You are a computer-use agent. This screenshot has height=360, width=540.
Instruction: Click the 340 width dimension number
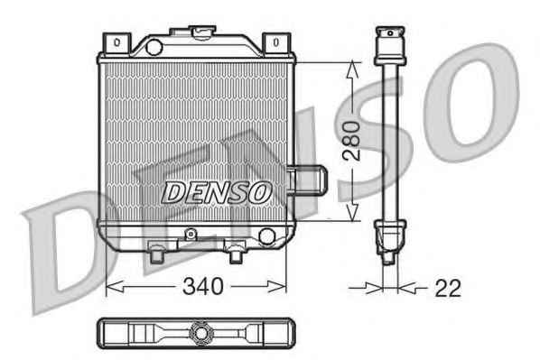203,286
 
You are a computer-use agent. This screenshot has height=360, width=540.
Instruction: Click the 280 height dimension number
351,141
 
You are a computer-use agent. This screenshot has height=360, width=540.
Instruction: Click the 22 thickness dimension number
448,288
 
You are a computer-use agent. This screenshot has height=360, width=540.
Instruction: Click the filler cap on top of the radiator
202,32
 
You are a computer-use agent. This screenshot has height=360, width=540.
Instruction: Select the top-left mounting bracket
116,43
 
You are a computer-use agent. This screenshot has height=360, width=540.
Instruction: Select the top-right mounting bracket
276,43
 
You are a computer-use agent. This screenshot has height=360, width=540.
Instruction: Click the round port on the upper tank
154,47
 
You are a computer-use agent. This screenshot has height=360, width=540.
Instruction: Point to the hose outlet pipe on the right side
306,180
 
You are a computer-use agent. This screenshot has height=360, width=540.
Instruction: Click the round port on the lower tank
267,236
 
